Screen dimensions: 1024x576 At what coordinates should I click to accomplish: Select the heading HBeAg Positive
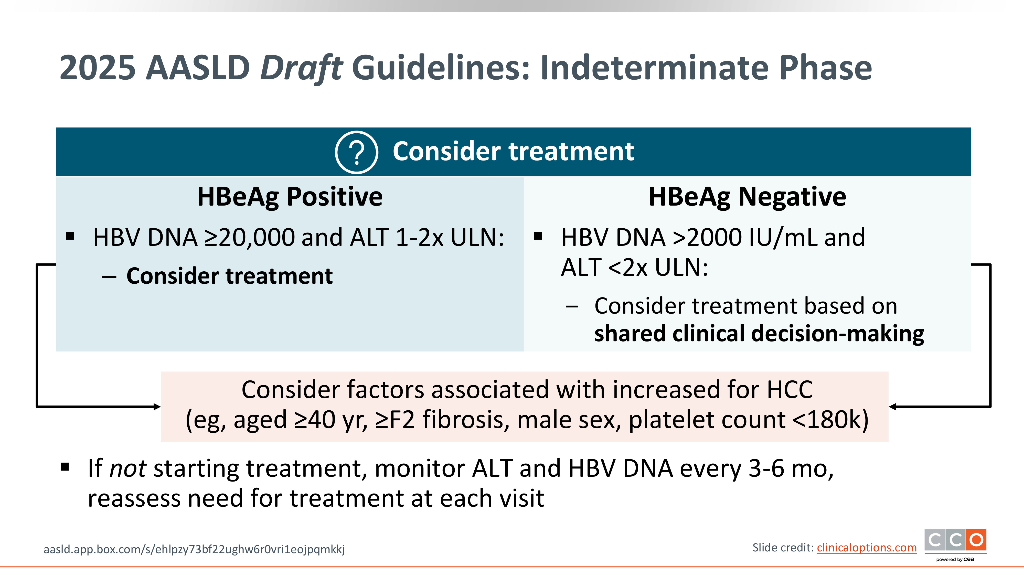click(290, 197)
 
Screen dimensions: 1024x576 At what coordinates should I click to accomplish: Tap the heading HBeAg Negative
click(747, 197)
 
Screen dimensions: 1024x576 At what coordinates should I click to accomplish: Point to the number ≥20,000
click(249, 238)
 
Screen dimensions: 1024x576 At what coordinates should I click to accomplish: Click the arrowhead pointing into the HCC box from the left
click(157, 406)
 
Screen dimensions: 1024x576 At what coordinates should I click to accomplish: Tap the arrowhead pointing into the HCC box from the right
click(892, 406)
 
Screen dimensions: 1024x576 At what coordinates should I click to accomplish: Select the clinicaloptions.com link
click(867, 548)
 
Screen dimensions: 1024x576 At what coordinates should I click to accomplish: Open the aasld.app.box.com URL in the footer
click(194, 549)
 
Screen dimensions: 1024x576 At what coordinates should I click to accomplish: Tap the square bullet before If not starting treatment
click(65, 467)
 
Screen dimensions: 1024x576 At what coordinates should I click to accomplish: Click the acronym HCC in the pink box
click(790, 390)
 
